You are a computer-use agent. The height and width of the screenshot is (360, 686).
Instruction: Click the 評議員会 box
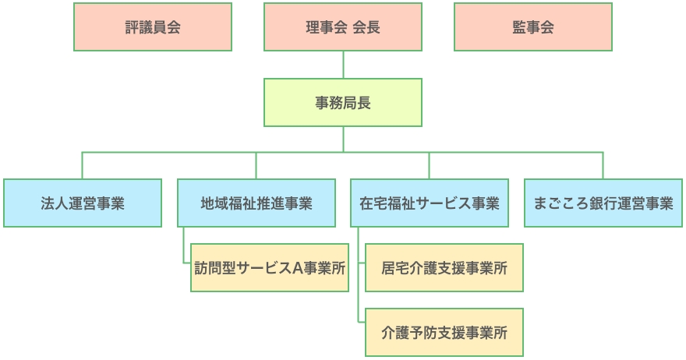coord(153,27)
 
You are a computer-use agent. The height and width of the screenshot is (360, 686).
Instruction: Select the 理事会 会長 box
coord(343,27)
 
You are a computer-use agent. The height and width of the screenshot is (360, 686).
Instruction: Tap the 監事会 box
coord(533,27)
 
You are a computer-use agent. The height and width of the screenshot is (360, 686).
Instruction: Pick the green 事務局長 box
coord(343,102)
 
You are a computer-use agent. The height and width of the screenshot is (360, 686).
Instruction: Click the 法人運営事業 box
coord(83,203)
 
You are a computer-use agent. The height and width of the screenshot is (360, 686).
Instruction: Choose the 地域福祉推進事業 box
coord(256,203)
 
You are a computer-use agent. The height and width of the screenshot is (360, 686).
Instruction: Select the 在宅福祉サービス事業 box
coord(430,203)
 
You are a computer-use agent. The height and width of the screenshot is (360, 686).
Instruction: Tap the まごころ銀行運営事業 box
coord(603,203)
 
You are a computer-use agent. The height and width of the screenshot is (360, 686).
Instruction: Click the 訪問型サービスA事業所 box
coord(270,268)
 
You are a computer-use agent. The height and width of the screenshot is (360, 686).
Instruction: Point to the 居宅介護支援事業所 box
coord(444,268)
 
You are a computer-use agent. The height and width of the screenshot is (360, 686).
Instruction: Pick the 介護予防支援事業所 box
coord(444,333)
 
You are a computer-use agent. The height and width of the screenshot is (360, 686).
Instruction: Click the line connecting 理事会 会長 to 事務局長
coord(343,65)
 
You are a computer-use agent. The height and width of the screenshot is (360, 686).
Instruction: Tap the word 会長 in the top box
coord(366,27)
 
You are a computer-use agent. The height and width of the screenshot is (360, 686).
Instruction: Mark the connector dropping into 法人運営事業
coord(83,165)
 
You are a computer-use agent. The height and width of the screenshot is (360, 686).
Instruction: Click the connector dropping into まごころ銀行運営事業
coord(603,165)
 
